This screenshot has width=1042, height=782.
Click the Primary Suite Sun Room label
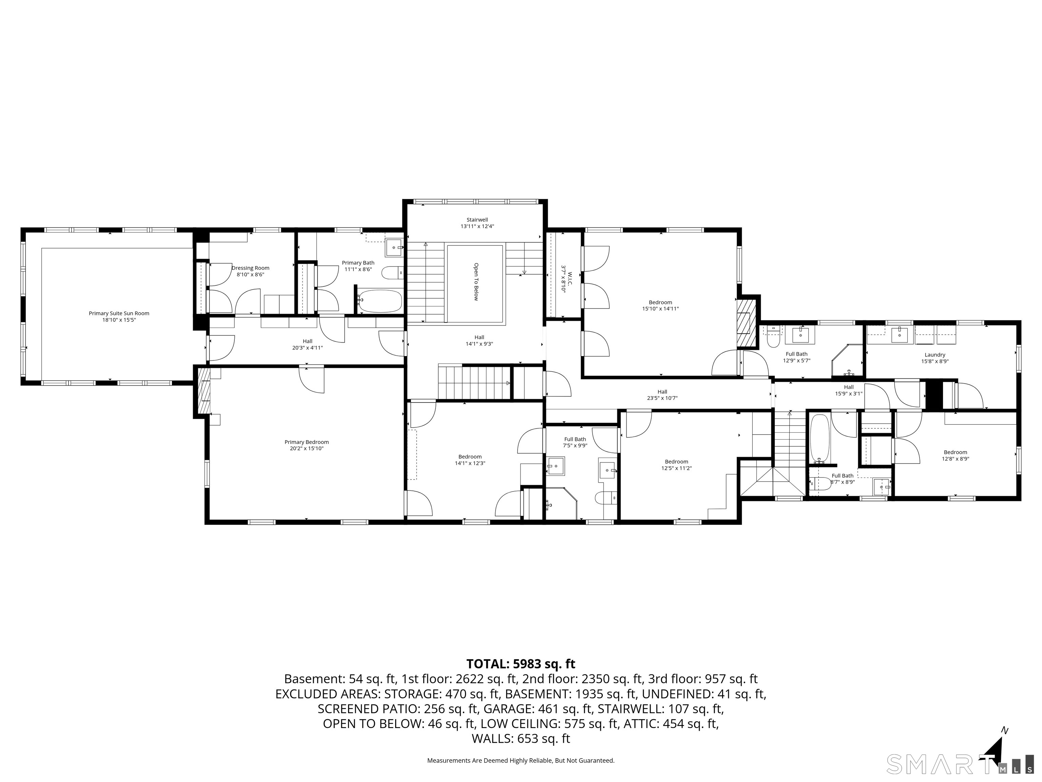119,317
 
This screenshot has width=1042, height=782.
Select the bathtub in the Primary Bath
380,301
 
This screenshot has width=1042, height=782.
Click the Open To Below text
476,282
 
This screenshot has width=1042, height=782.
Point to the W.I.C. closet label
566,282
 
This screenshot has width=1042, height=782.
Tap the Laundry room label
934,358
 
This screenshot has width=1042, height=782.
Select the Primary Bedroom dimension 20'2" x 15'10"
306,448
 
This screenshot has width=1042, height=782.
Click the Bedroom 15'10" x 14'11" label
660,305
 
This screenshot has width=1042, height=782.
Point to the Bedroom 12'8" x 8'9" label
955,455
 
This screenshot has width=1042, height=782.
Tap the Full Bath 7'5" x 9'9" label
575,442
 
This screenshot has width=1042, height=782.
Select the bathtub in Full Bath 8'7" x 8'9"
819,439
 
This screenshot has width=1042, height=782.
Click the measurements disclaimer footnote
521,760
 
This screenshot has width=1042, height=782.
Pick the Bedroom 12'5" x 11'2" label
676,465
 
